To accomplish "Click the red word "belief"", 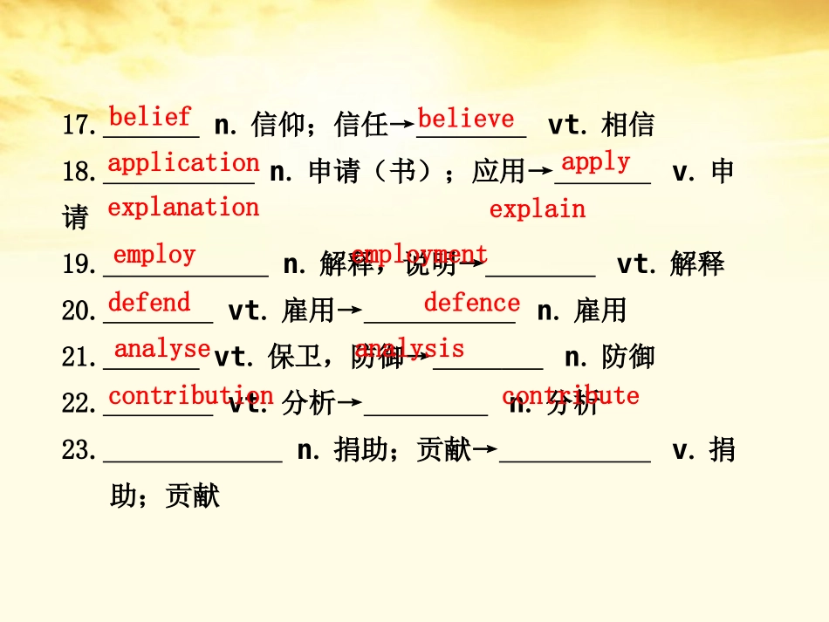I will (150, 116).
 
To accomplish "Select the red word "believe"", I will (466, 119).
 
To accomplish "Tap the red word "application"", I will (183, 163).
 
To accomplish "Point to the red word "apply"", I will (595, 162).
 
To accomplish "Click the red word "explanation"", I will (183, 208).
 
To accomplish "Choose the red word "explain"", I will (537, 209).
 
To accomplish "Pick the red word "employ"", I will (154, 255).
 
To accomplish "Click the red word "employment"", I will (419, 255).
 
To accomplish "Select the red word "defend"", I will (149, 303).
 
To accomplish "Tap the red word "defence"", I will (471, 303).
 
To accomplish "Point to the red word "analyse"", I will (162, 349).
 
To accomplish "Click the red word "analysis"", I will (409, 349).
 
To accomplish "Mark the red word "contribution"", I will (190, 396).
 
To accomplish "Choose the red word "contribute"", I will (570, 396).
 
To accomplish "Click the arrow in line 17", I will (401, 126).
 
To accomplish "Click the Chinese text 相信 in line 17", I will (627, 126).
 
